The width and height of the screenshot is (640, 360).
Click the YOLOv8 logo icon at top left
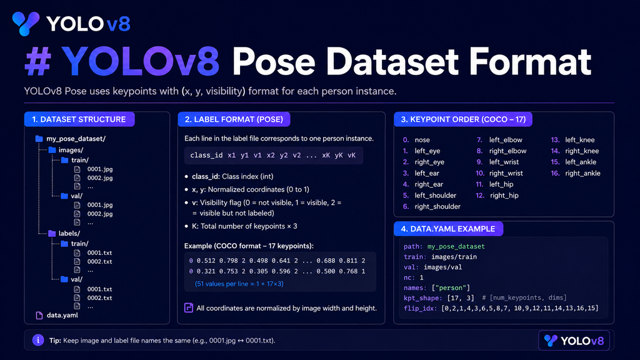[25, 23]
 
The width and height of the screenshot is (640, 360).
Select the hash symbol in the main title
[38, 62]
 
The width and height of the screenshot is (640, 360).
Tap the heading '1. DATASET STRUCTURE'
[79, 119]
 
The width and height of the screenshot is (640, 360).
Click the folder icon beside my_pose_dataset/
[39, 139]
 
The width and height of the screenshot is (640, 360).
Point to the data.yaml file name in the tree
[62, 315]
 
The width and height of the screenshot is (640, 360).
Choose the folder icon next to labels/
[52, 234]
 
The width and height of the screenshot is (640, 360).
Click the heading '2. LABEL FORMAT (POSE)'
[234, 119]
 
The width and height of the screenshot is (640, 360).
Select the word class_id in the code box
[206, 155]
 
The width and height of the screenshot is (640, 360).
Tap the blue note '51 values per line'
[239, 284]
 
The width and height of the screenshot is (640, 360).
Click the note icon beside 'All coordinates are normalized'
[189, 307]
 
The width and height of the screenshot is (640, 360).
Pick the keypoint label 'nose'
[422, 139]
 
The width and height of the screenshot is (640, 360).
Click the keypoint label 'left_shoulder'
[436, 196]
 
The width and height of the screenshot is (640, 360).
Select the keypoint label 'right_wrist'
[506, 173]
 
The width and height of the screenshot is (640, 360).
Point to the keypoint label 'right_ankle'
[583, 173]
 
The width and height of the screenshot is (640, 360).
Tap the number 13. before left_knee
[555, 139]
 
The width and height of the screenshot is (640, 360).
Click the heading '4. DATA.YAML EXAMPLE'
[447, 229]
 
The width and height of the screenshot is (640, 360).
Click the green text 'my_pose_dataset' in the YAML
[456, 246]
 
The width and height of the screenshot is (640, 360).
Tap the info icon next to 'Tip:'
[38, 340]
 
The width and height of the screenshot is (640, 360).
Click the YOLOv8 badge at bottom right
[574, 341]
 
